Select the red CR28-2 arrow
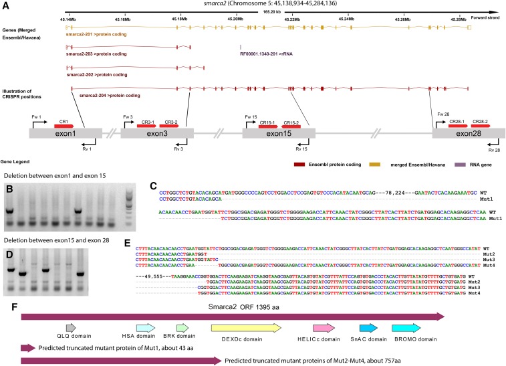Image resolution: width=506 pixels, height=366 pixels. [479, 125]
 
